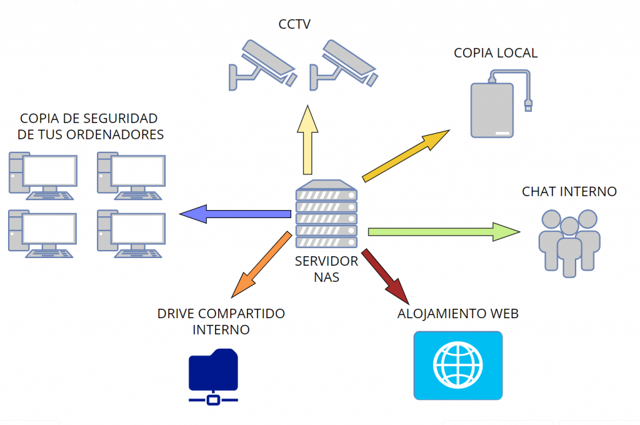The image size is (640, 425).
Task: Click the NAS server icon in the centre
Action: [x=326, y=214]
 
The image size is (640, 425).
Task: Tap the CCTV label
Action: [x=294, y=24]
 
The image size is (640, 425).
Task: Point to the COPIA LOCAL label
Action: [x=496, y=53]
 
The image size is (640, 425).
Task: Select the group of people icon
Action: [x=569, y=243]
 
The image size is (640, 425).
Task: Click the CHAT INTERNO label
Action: [x=569, y=191]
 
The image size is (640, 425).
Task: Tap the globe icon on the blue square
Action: [x=458, y=365]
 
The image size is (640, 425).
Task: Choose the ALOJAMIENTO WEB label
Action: [x=458, y=314]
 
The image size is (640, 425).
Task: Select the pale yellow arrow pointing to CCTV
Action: [x=307, y=141]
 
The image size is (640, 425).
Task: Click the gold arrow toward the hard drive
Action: [x=406, y=156]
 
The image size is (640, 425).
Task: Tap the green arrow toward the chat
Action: [x=444, y=232]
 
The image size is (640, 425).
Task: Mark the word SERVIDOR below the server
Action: [x=326, y=261]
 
